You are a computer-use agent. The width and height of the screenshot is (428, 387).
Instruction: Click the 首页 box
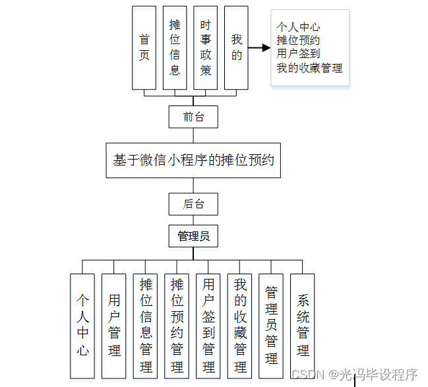144,47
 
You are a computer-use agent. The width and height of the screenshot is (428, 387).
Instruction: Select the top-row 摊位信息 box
175,47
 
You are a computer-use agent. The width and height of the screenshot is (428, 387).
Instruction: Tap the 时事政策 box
206,47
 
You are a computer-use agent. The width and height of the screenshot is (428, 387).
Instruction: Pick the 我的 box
236,47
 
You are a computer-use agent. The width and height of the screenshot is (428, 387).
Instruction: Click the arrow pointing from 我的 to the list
260,47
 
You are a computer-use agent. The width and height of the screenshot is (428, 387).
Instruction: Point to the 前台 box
193,117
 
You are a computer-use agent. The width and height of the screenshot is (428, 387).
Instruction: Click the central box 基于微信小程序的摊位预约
193,160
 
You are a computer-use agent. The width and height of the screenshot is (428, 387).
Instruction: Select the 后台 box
193,204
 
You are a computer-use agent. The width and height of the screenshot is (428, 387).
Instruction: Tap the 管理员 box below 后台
193,235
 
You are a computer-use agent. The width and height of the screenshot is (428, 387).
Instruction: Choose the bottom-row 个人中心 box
82,326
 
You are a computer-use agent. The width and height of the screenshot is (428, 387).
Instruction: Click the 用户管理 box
114,326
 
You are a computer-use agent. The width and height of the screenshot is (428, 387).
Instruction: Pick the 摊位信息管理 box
146,326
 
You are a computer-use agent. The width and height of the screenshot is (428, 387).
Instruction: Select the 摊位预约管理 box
177,326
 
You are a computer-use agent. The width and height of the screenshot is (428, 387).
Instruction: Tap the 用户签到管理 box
208,326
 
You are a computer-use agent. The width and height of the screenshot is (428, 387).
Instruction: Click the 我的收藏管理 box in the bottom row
240,326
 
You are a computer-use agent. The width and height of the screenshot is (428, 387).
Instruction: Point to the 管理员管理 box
271,326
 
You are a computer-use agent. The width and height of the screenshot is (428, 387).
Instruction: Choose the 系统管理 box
303,326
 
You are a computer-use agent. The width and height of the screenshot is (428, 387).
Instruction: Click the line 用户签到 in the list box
298,54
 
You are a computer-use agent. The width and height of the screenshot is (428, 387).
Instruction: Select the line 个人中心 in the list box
298,27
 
